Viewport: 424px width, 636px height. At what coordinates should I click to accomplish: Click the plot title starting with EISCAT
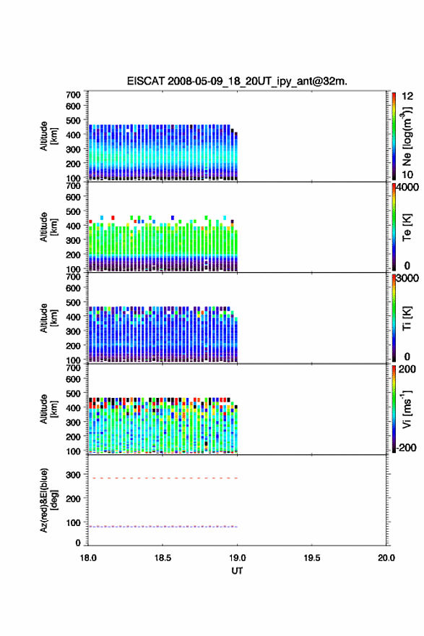click(x=237, y=81)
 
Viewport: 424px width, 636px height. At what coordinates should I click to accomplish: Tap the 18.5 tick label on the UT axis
click(x=163, y=558)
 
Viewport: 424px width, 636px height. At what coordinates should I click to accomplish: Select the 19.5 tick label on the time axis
click(x=312, y=558)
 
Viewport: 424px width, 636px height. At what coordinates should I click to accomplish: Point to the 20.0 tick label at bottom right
click(x=386, y=558)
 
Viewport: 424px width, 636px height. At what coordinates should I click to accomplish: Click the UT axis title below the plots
click(x=237, y=571)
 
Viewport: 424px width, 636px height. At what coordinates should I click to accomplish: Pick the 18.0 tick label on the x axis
click(x=88, y=558)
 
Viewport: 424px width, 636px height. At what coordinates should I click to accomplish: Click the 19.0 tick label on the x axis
click(x=237, y=558)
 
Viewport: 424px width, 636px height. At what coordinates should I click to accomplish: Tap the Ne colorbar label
click(x=407, y=136)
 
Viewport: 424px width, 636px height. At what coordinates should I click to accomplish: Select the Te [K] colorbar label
click(x=407, y=227)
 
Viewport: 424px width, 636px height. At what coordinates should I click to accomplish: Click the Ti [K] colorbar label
click(x=407, y=318)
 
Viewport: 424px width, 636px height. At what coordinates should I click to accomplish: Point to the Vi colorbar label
click(x=407, y=409)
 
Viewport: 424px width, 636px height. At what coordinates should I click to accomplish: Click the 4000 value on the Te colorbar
click(x=407, y=187)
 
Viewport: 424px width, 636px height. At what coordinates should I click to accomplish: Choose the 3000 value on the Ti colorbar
click(x=407, y=279)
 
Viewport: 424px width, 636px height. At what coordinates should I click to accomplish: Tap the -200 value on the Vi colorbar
click(x=406, y=447)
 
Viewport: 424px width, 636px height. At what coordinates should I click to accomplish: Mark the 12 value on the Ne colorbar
click(x=407, y=96)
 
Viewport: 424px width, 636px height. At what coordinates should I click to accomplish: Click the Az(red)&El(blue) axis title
click(x=48, y=500)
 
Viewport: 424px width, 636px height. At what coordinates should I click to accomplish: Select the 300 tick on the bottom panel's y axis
click(x=73, y=475)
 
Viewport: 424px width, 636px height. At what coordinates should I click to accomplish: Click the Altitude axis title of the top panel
click(x=48, y=136)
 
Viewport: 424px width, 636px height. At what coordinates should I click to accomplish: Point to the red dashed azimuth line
click(x=163, y=478)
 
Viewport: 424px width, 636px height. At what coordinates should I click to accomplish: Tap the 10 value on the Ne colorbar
click(x=407, y=175)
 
